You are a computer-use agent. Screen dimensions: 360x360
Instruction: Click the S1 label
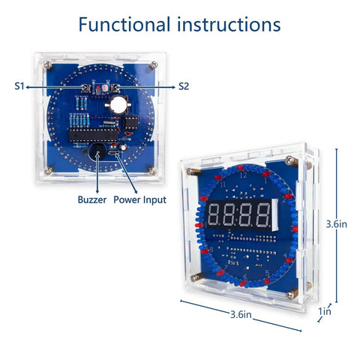(19, 86)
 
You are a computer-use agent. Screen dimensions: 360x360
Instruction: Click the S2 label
(184, 86)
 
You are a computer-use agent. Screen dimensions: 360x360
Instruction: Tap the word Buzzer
(92, 199)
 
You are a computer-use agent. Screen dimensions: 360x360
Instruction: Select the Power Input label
(139, 199)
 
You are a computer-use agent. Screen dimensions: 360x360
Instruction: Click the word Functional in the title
(124, 25)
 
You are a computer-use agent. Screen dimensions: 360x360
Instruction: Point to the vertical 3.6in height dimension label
(336, 224)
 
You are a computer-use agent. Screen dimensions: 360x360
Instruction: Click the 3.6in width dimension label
(241, 314)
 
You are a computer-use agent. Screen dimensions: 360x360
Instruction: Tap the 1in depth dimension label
(325, 311)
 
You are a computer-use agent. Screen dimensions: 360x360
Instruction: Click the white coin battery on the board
(118, 105)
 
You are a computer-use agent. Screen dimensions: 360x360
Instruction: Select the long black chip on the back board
(93, 136)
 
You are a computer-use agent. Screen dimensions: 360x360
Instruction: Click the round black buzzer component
(97, 152)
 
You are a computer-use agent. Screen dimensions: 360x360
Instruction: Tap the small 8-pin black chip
(130, 123)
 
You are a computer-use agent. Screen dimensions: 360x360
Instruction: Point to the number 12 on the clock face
(243, 175)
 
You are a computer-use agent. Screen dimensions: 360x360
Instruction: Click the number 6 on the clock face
(245, 277)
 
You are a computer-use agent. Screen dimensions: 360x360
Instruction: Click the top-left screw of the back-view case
(47, 65)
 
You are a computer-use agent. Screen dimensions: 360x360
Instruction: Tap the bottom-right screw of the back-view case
(152, 172)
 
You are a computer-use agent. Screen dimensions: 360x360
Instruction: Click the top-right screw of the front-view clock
(290, 160)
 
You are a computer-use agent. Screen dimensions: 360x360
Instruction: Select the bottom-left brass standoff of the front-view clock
(197, 277)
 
